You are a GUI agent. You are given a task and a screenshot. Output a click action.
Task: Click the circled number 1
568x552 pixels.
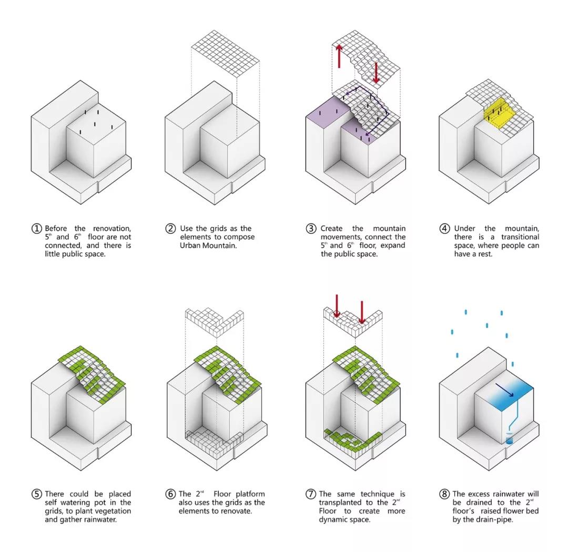click(x=37, y=229)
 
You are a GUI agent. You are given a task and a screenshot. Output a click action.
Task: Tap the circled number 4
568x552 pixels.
click(x=444, y=229)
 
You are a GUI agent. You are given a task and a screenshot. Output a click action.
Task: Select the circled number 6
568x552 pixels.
click(x=170, y=494)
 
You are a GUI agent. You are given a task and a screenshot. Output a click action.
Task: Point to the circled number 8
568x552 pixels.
click(x=444, y=494)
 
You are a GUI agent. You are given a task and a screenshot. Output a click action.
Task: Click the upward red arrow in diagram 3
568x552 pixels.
click(x=339, y=56)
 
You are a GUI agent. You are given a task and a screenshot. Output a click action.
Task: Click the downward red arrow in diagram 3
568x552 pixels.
click(x=376, y=73)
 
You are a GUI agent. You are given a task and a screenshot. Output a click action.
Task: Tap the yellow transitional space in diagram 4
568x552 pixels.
click(x=500, y=113)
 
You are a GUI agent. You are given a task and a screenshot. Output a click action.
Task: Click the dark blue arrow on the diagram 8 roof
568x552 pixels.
click(x=505, y=391)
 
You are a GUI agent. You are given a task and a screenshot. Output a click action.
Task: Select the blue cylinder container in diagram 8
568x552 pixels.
click(x=510, y=441)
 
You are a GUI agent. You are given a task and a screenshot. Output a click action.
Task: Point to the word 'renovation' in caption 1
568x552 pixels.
click(x=111, y=229)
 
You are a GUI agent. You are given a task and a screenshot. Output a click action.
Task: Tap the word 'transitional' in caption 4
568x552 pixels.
click(x=520, y=237)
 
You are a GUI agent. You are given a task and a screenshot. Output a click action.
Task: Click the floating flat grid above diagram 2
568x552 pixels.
click(x=225, y=54)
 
